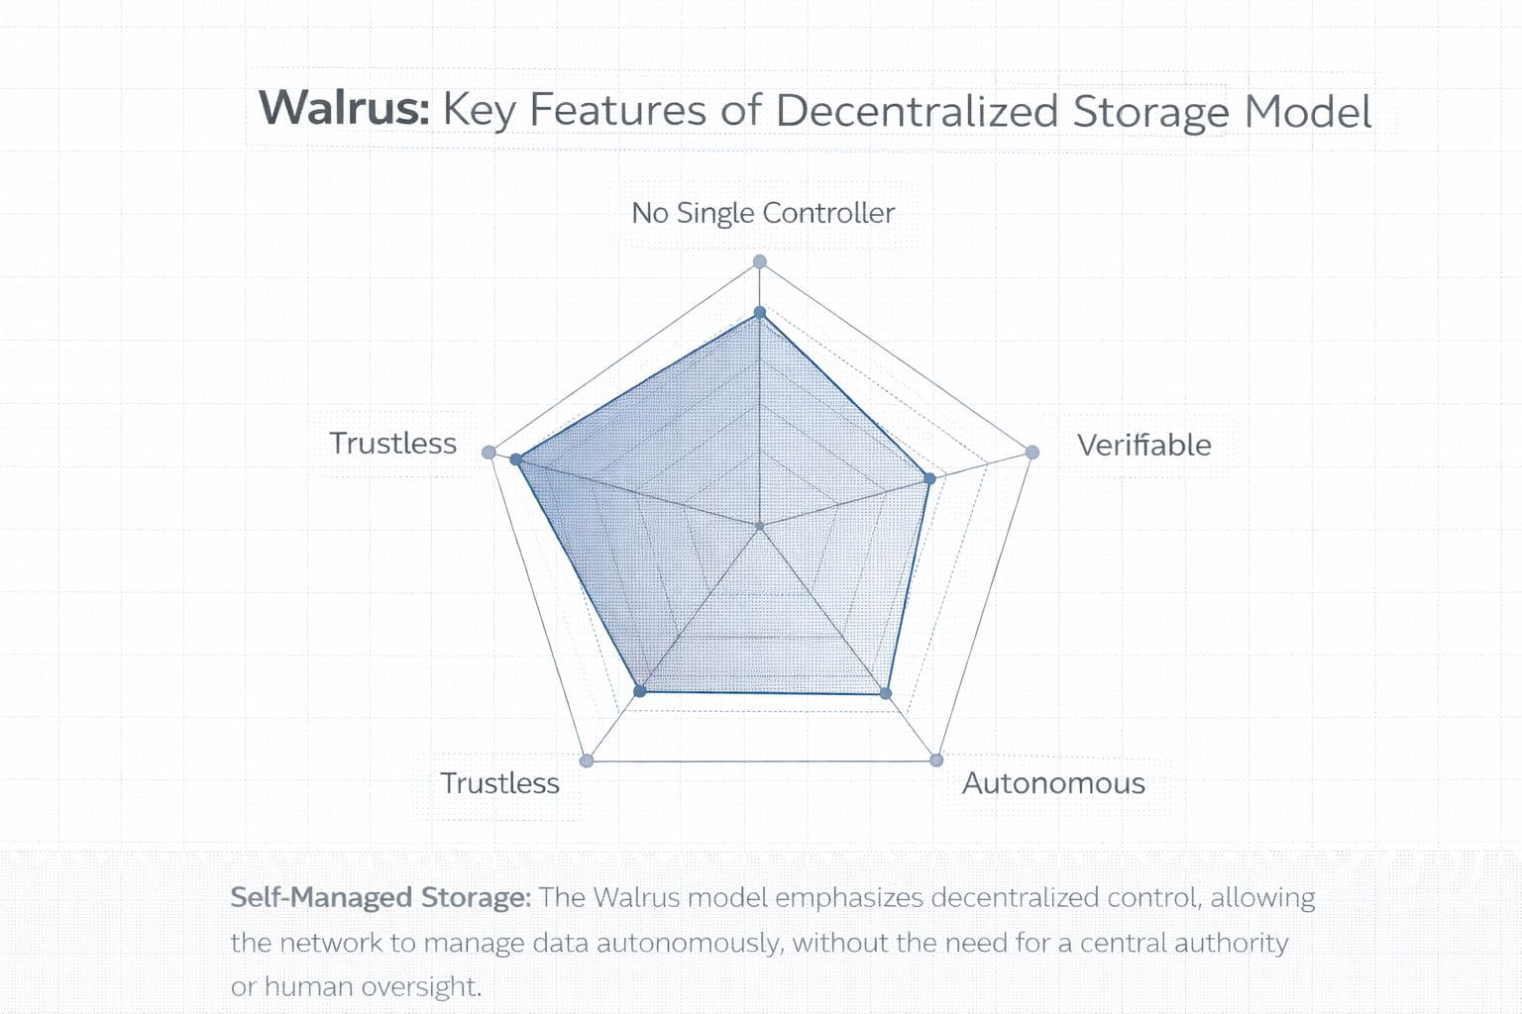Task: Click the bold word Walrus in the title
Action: [343, 108]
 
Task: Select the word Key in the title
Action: [479, 110]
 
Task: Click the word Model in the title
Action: [1307, 110]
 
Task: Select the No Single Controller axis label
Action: [763, 213]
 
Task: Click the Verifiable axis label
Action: [1143, 445]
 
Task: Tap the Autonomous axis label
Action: [1053, 783]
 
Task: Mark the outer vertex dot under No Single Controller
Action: [760, 261]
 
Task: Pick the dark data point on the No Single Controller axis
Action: [760, 313]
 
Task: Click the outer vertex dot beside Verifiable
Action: [1032, 453]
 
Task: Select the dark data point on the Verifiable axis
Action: [929, 478]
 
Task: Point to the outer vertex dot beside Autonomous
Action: [936, 760]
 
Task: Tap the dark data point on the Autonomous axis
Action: [886, 693]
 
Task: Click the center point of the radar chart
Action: [760, 527]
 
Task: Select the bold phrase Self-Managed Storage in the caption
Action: [380, 898]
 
